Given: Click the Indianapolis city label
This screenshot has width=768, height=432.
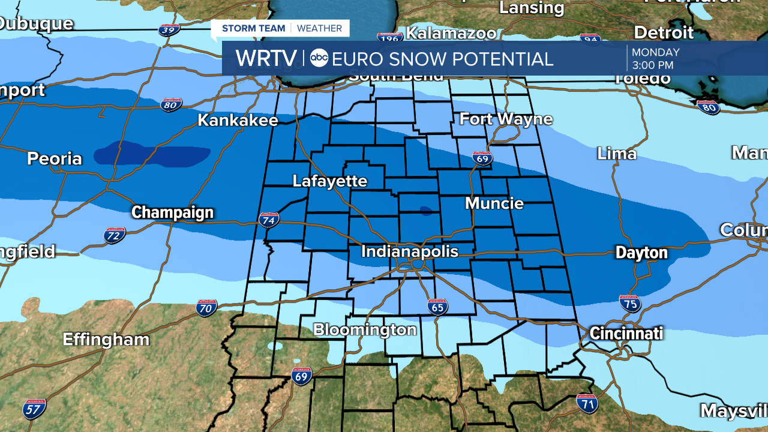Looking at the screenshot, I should [409, 251].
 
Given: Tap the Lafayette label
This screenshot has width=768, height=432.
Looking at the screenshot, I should [329, 181].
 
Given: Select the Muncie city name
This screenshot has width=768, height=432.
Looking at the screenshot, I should [494, 203].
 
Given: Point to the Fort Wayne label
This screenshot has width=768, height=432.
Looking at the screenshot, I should [506, 119].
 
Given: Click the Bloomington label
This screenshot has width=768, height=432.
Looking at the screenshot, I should [365, 329].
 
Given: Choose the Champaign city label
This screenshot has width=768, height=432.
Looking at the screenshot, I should [172, 212].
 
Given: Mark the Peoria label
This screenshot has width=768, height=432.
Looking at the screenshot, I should [54, 158].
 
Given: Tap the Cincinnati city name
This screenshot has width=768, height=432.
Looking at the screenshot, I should [626, 333].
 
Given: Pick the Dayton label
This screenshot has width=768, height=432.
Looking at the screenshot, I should [641, 253].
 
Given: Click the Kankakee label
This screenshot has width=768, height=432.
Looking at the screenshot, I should [238, 120].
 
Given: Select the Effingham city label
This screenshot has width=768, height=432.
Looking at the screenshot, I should [106, 339].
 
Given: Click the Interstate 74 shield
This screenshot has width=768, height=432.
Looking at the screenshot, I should [269, 220].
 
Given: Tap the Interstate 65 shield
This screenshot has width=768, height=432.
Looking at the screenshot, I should [437, 307].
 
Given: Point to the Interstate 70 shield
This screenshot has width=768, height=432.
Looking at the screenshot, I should [206, 308].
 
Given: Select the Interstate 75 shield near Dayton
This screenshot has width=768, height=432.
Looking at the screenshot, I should [630, 304].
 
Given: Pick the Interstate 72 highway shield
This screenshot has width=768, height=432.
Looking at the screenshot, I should [115, 235].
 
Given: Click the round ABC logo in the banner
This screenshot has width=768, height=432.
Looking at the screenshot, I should [319, 58].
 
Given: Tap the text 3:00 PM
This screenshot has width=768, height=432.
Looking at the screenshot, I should [652, 65].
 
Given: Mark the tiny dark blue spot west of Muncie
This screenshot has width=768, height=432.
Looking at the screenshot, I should [425, 211].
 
